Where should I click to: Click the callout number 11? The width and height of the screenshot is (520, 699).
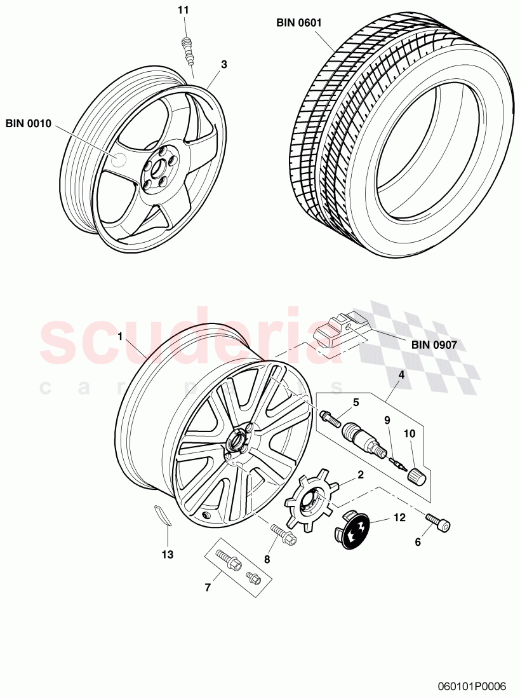point(183,11)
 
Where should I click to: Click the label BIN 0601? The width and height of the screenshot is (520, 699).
point(299,23)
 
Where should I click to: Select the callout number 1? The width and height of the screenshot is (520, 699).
point(120,337)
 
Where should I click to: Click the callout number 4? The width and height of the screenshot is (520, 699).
point(401,375)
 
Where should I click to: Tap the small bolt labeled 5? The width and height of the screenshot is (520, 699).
point(330,417)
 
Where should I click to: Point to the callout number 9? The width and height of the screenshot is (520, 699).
point(387,419)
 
